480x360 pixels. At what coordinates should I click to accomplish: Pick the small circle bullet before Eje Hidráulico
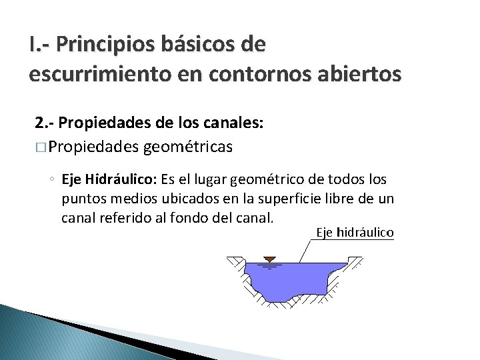[52, 180]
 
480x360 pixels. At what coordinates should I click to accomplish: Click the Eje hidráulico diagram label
[355, 233]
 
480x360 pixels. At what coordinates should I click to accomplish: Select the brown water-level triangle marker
[270, 258]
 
